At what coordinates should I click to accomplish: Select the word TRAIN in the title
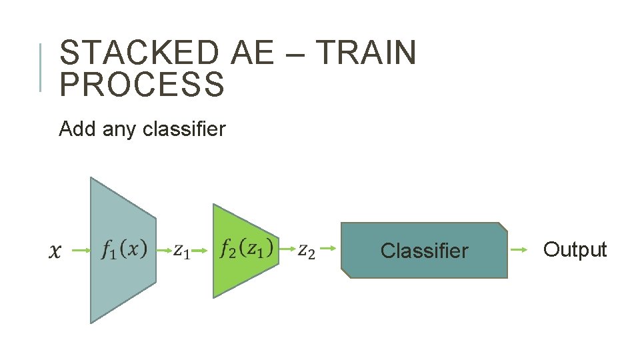click(365, 53)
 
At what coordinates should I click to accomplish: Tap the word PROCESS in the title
click(142, 85)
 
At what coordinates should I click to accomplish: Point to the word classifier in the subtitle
click(184, 128)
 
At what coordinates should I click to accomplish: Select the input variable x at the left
click(57, 251)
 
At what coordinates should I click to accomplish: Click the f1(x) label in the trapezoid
click(123, 250)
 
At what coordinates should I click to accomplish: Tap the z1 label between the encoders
click(181, 251)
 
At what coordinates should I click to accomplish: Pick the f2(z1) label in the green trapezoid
click(246, 249)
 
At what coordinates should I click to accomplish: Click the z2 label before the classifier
click(306, 251)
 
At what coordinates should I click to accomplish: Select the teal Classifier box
click(424, 251)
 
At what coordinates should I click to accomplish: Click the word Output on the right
click(575, 250)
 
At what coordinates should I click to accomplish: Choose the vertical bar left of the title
click(41, 67)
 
